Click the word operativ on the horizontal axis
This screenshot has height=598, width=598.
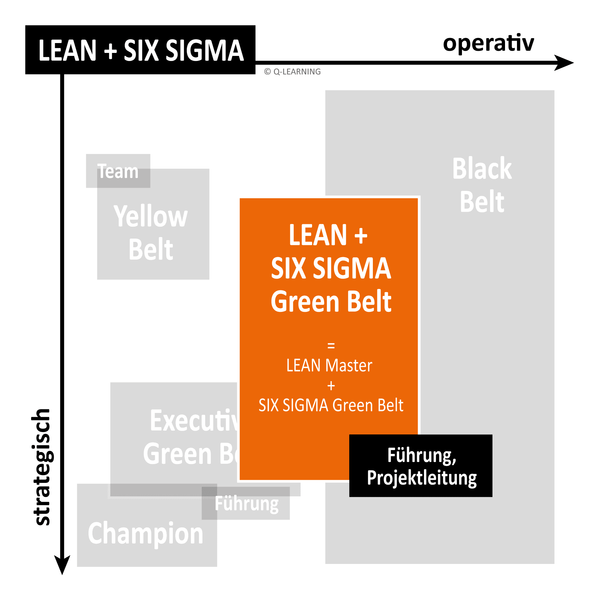point(488,43)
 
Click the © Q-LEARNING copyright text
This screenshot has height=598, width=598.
point(292,72)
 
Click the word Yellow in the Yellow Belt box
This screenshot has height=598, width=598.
point(150,216)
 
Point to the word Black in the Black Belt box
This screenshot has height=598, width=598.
point(482,169)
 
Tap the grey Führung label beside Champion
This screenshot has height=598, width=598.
point(247,504)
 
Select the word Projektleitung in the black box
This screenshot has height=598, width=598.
point(422,478)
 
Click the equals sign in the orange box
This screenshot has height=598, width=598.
point(331,345)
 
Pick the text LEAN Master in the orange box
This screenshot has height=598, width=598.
point(329,366)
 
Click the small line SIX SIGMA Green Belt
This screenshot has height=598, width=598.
point(331,405)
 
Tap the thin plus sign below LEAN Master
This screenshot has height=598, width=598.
point(331,386)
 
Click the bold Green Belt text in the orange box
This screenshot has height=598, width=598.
point(331,301)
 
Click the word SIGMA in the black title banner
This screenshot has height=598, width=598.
point(205,51)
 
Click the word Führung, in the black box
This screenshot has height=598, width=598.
point(422,455)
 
